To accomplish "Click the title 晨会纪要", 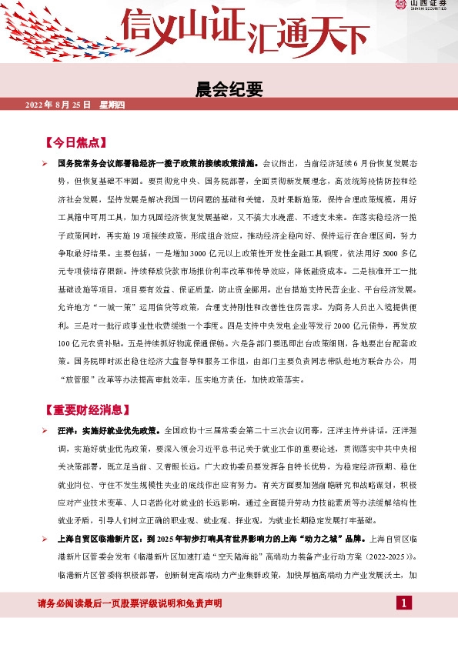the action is click(229, 89).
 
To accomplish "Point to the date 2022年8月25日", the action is click(59, 105).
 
